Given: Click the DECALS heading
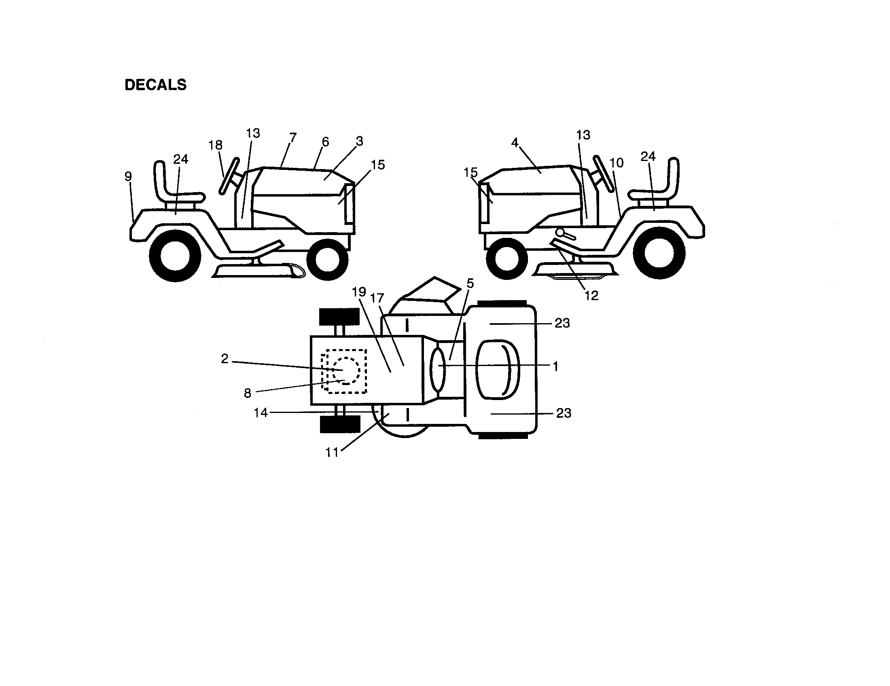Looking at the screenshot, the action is tap(155, 85).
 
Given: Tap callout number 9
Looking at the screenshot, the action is tap(128, 176).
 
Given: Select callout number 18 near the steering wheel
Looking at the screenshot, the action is tap(215, 145).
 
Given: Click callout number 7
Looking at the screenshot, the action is tap(292, 137).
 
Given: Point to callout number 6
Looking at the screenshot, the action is tap(325, 142).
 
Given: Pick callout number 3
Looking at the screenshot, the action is tap(359, 141).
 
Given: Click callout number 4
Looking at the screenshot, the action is tap(515, 142).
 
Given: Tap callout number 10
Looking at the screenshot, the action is tap(617, 163).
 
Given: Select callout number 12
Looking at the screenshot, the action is tap(591, 296).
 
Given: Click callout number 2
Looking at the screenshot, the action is tap(225, 359).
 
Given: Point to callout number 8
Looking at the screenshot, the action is tap(247, 393).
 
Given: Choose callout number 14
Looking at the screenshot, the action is tap(261, 413).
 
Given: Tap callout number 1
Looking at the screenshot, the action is tap(555, 366).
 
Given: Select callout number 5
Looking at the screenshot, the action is tap(470, 283).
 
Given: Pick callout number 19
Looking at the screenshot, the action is tap(359, 292).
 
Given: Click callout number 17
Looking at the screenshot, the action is tap(377, 298).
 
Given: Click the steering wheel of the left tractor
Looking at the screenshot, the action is tap(229, 176).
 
